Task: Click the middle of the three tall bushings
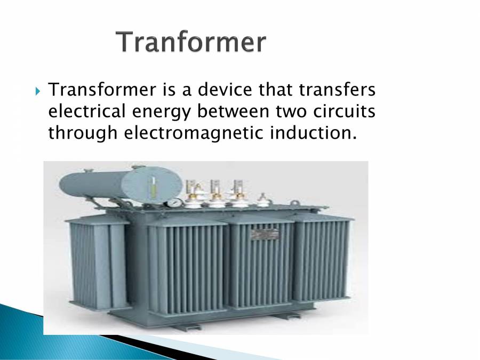[x=216, y=192]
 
